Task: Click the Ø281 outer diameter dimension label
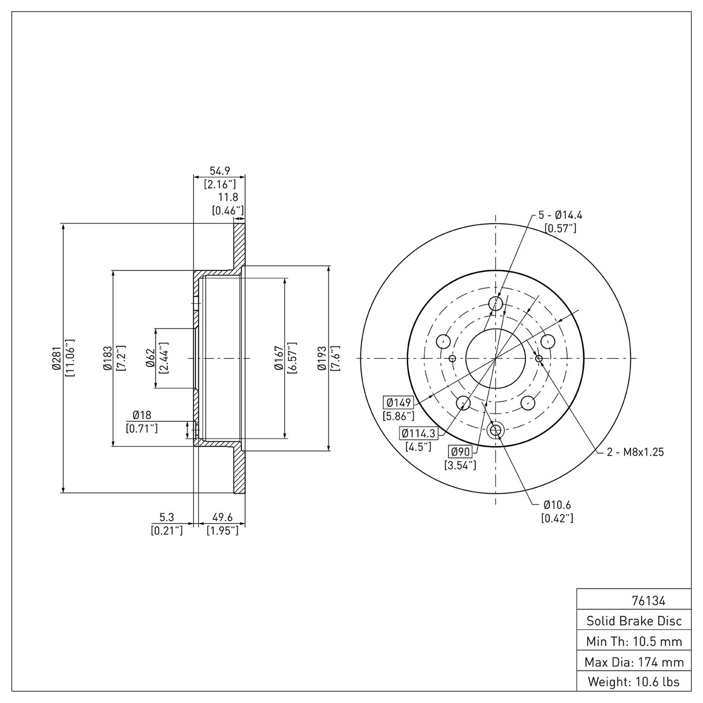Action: coord(57,358)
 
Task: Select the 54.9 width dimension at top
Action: coord(219,171)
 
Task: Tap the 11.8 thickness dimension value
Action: coord(228,198)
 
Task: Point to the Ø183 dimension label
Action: coord(108,358)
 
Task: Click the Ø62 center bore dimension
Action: coord(150,358)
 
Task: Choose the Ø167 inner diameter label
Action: coord(279,358)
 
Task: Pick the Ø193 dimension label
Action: coord(322,358)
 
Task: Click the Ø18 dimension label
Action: coord(142,415)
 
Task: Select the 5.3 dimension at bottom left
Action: coord(167,518)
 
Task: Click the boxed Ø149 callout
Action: coord(398,403)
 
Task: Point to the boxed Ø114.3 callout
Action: coord(418,433)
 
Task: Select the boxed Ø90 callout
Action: coord(460,451)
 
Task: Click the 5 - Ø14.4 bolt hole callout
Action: coord(560,215)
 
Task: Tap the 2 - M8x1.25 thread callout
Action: coord(635,452)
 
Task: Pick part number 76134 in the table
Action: coord(648,601)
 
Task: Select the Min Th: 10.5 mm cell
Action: coord(634,641)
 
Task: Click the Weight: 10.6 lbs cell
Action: coord(633,682)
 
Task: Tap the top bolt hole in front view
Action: coord(495,304)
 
